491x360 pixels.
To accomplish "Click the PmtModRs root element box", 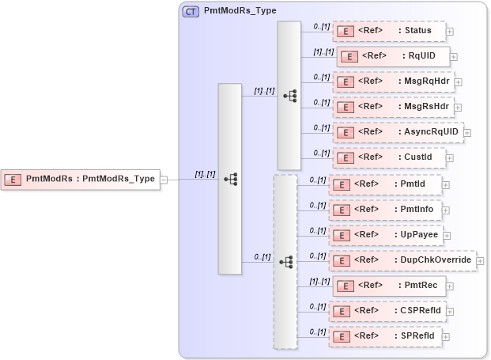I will point(81,180).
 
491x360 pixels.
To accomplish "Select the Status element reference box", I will point(388,32).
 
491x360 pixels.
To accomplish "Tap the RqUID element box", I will point(394,56).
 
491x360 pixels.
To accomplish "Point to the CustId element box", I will point(388,157).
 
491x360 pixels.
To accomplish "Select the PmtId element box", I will point(385,184).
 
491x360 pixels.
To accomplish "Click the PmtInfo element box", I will point(387,210).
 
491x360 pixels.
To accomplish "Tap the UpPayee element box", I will point(387,235).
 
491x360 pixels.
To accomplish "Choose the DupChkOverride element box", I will point(402,260).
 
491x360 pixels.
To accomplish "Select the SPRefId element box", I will point(385,336).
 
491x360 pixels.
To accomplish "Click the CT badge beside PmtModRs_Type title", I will point(191,12).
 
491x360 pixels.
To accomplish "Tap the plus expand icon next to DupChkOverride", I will point(480,260).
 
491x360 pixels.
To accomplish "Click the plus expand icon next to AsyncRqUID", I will point(466,132).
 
